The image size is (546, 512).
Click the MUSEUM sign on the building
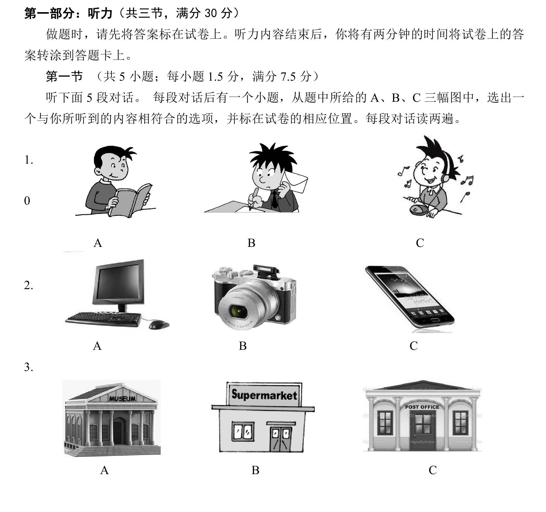(x=122, y=399)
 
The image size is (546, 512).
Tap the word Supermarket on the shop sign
(x=264, y=395)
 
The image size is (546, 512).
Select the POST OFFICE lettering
(x=422, y=407)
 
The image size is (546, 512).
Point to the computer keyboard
(x=103, y=319)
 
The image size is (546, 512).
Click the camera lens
(x=239, y=311)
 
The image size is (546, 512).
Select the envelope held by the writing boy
(x=295, y=181)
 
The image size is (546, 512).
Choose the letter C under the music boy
(x=420, y=243)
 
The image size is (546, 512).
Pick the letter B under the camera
(x=243, y=346)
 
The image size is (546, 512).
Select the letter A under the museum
(x=104, y=470)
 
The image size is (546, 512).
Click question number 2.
(x=28, y=285)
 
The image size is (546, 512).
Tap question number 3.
(x=28, y=367)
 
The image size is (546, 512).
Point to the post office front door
(x=422, y=431)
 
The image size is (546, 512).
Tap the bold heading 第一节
(x=64, y=76)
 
